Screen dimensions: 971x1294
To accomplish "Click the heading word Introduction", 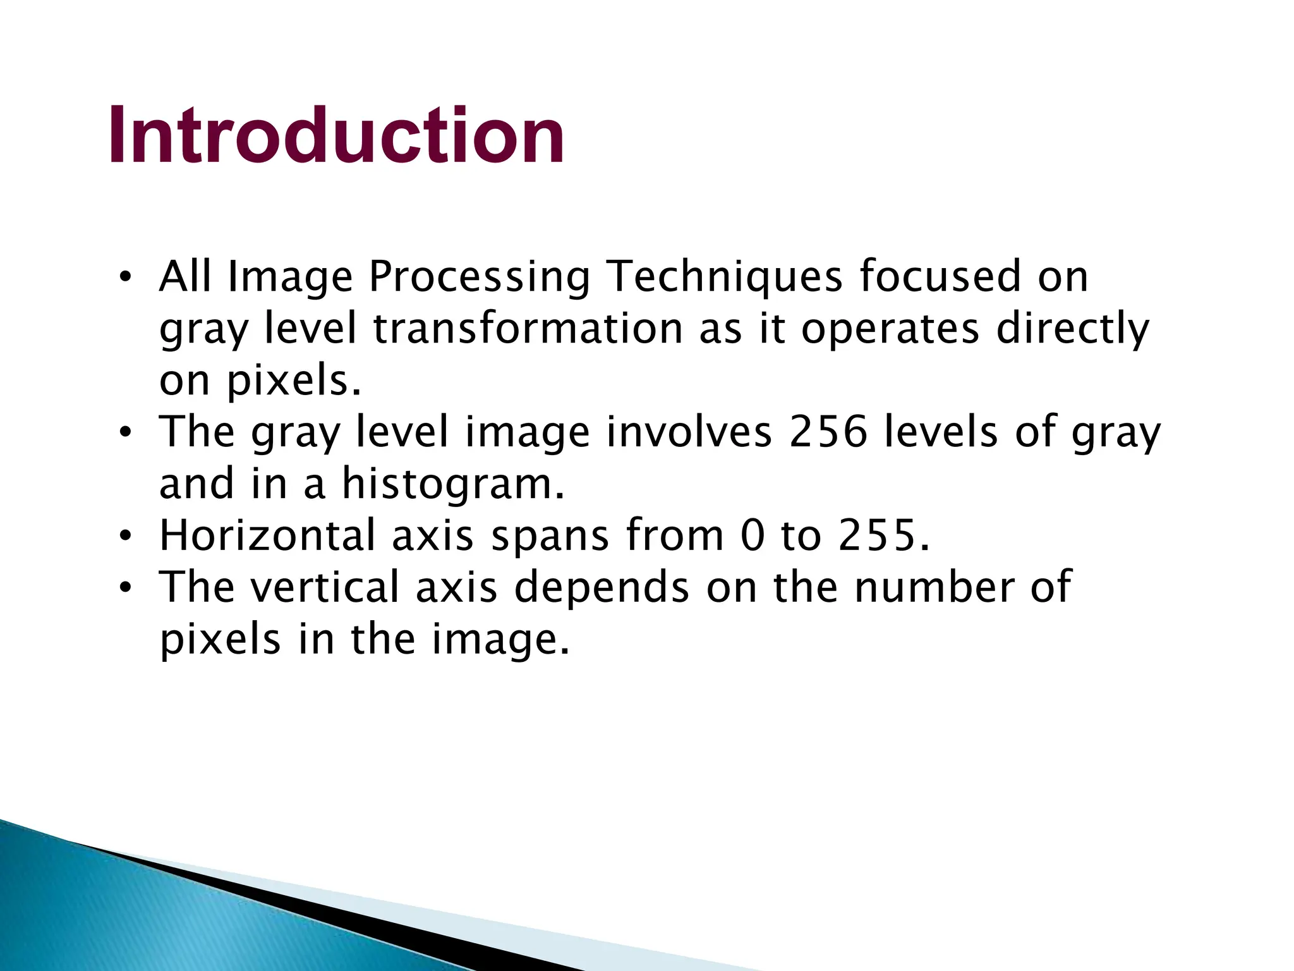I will (336, 135).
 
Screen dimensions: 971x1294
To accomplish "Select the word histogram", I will (452, 484).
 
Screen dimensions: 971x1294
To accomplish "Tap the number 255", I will (877, 535).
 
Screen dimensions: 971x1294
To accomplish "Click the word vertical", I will (325, 587).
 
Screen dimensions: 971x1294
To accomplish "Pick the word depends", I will (602, 587).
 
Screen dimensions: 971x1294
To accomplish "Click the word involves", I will (690, 432).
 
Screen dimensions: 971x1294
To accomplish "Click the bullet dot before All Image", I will (125, 278).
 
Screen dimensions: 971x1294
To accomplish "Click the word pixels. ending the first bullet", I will (294, 381).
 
